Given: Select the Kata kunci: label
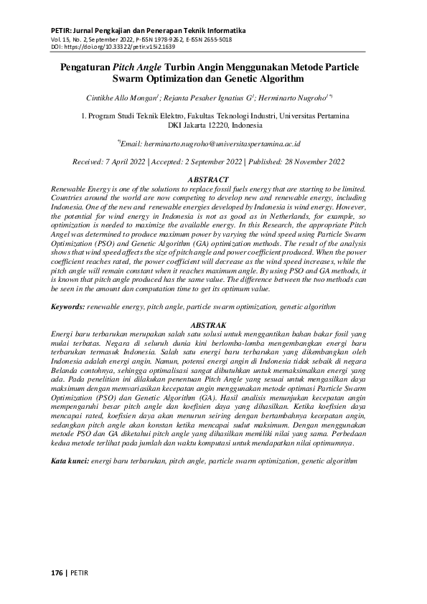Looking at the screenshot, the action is pyautogui.click(x=70, y=459).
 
